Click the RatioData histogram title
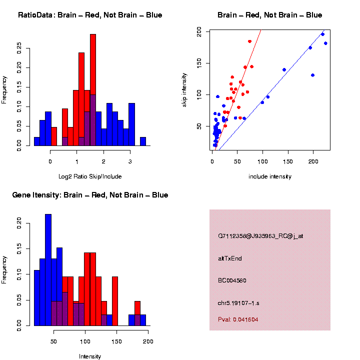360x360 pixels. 90,15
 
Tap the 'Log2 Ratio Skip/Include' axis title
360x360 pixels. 90,176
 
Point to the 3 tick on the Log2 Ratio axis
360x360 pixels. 130,161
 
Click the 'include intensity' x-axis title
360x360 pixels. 270,176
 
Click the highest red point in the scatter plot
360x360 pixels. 249,41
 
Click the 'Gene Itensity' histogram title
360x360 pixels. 90,195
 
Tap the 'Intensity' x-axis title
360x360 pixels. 90,356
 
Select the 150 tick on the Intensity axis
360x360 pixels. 117,341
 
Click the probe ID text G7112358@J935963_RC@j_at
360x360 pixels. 260,236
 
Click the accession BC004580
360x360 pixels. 232,280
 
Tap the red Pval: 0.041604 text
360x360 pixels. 238,319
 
